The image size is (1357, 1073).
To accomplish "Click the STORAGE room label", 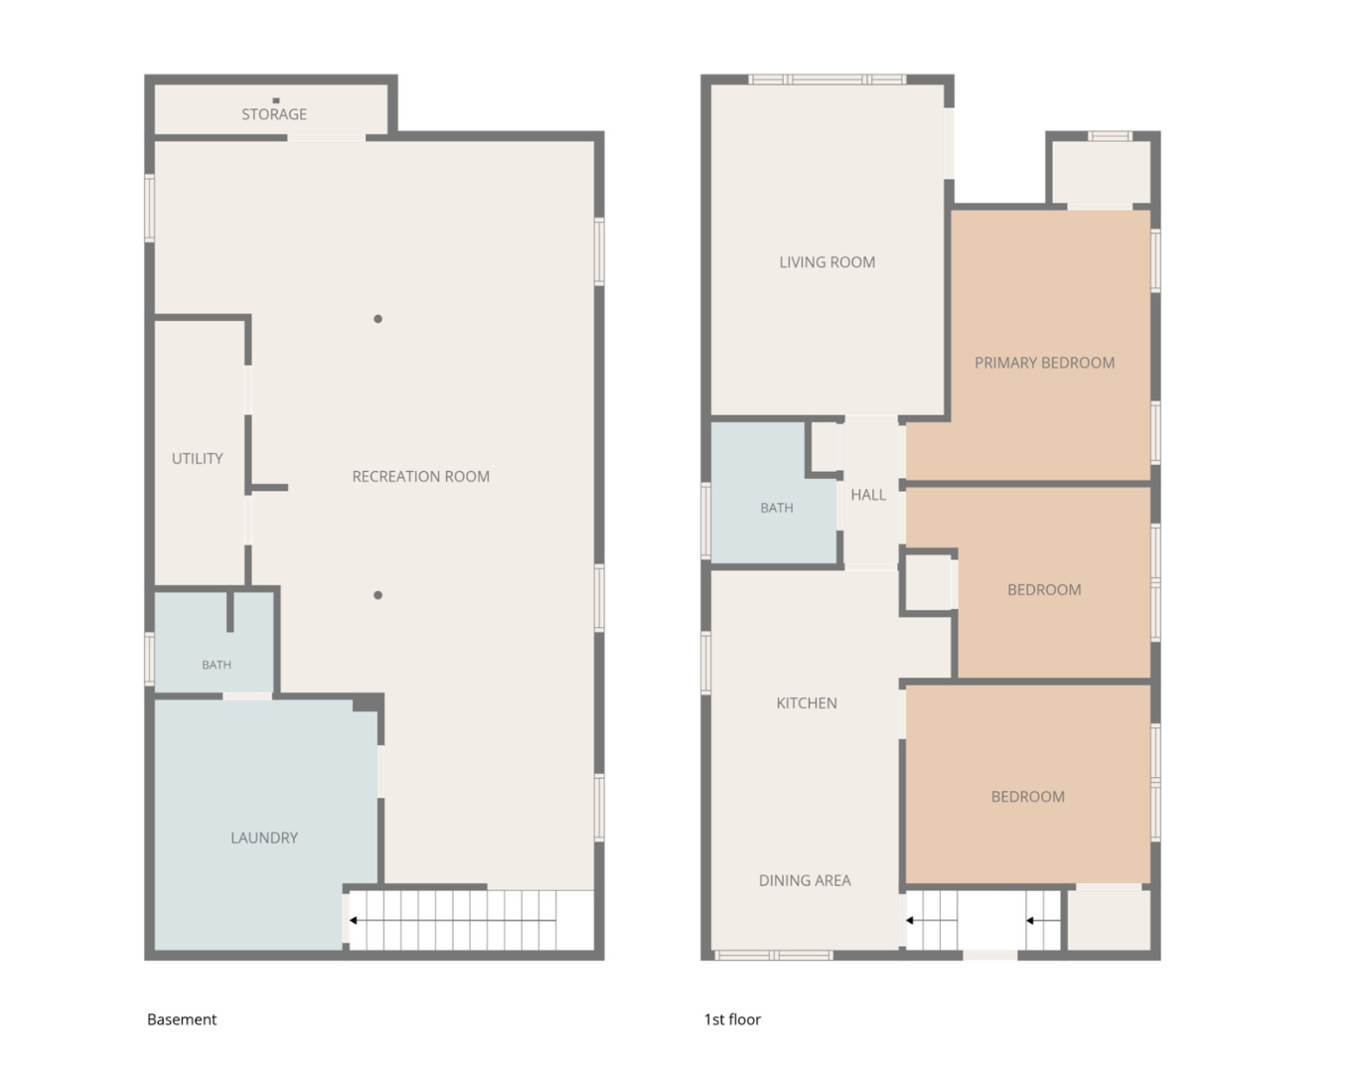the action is [273, 114].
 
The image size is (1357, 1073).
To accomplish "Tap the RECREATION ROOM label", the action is [420, 476].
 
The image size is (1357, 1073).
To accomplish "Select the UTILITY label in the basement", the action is [198, 459].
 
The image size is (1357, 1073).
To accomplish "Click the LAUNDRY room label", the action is [264, 838].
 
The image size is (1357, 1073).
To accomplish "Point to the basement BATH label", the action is [217, 665].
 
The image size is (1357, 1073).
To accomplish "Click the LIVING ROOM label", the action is [828, 262].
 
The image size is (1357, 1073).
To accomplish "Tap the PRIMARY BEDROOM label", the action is [1044, 363].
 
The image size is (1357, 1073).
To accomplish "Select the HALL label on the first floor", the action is [868, 495].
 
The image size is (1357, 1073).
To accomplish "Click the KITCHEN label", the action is [807, 703].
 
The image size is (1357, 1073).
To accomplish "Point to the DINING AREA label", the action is [805, 880].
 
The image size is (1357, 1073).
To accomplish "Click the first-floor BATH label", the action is [777, 508].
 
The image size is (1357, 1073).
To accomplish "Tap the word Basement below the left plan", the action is [182, 1019].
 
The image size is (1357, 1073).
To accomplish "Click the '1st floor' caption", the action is [732, 1019].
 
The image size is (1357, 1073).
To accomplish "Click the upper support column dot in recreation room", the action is [377, 319].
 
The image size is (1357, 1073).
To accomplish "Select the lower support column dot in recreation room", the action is [377, 595].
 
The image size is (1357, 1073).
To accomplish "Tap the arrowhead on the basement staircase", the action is [354, 920].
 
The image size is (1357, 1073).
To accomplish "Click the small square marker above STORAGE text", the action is [275, 100].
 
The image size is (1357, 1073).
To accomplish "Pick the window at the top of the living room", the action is [828, 79].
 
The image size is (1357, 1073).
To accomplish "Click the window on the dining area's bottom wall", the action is [774, 955].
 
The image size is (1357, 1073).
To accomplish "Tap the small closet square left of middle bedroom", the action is [928, 582].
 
